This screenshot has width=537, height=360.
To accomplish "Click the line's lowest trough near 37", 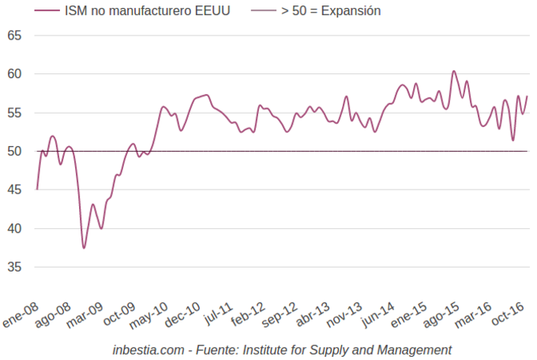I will point(84,248).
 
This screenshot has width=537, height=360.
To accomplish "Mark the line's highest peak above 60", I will point(453,71).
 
